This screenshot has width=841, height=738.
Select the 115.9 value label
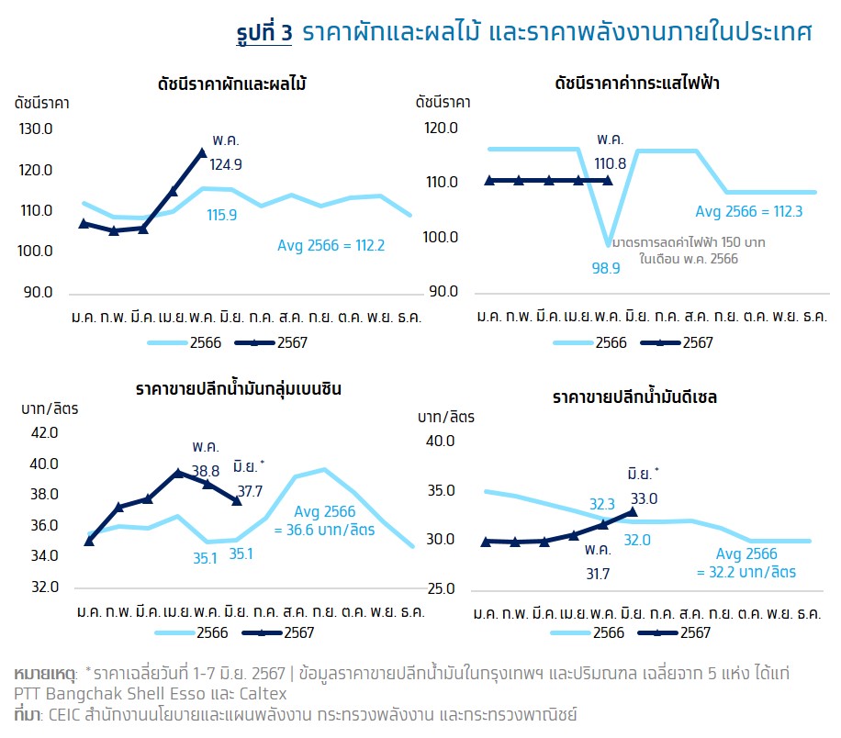tap(221, 215)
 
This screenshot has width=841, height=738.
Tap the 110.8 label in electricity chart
tap(610, 164)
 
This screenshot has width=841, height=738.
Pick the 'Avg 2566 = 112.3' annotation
tap(749, 211)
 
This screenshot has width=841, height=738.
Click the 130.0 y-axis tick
tap(36, 129)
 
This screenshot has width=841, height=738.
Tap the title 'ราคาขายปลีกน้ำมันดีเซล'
tap(634, 397)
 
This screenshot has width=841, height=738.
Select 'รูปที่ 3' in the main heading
tap(263, 32)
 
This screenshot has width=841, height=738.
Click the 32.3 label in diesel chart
tap(601, 504)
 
